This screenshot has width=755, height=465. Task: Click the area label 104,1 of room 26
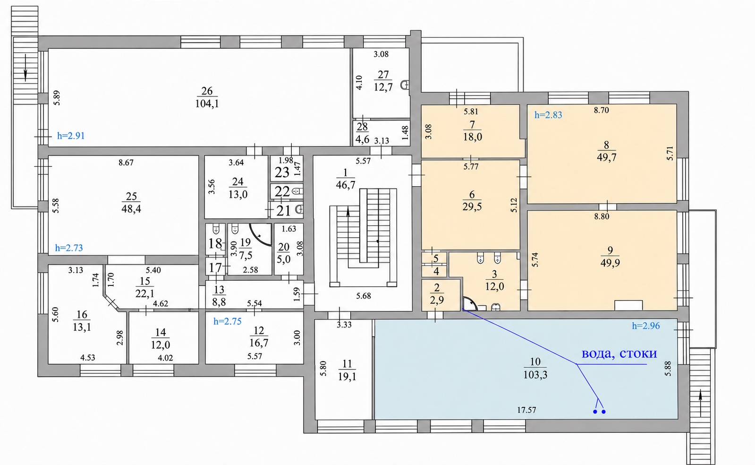click(207, 103)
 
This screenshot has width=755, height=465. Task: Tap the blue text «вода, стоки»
click(619, 353)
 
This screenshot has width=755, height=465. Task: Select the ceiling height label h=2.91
click(71, 136)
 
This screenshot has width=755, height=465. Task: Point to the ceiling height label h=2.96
click(646, 326)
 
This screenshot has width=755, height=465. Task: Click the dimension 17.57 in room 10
click(526, 410)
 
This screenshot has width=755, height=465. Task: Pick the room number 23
click(282, 172)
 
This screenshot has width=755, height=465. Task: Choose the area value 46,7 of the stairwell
click(346, 185)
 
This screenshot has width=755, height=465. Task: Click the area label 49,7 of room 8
click(606, 157)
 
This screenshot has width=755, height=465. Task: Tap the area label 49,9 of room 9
click(610, 263)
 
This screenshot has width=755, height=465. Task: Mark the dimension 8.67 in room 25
click(126, 163)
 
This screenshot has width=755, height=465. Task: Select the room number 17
click(215, 268)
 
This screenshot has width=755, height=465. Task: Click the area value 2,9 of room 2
click(437, 300)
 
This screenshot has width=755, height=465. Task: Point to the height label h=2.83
click(548, 115)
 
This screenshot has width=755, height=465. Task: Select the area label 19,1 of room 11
click(347, 376)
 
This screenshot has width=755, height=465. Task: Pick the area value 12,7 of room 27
click(383, 87)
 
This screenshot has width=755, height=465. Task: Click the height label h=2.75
click(228, 321)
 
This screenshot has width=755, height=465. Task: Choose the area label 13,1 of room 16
click(82, 327)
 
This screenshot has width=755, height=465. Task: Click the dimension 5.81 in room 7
click(471, 111)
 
